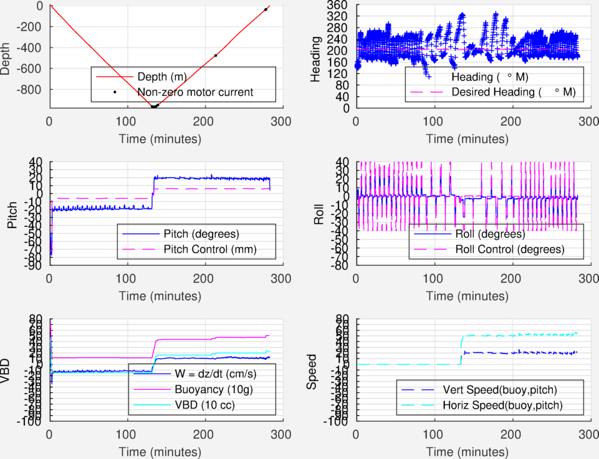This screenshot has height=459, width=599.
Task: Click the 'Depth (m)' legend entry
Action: tap(161, 77)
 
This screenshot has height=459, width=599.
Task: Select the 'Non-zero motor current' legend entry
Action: tap(195, 92)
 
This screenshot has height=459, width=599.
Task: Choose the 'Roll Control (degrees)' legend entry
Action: tap(510, 250)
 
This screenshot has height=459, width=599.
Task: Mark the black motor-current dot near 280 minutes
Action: tap(266, 9)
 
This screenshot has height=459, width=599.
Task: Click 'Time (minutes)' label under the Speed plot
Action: tap(471, 451)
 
